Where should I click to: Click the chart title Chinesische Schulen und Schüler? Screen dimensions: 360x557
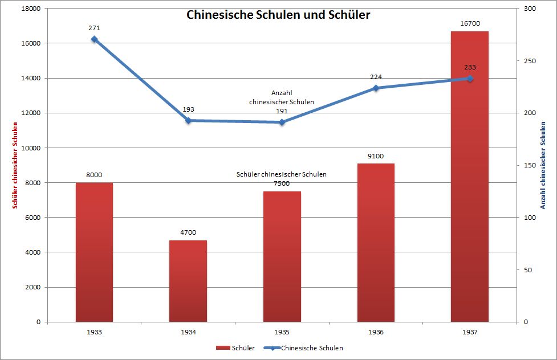pyautogui.click(x=278, y=15)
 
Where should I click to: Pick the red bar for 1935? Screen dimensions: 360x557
pyautogui.click(x=282, y=256)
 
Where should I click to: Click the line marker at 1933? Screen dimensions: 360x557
pyautogui.click(x=94, y=39)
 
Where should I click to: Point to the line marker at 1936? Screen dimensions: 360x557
pyautogui.click(x=376, y=88)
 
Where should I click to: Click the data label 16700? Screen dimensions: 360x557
pyautogui.click(x=470, y=24)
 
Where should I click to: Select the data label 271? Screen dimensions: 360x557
pyautogui.click(x=94, y=27)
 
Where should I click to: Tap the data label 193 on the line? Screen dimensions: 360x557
pyautogui.click(x=188, y=109)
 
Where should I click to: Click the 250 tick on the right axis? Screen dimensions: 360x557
pyautogui.click(x=530, y=61)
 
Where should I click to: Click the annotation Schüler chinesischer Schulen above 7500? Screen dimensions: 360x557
pyautogui.click(x=282, y=174)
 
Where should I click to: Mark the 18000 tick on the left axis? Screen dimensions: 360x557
pyautogui.click(x=31, y=9)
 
